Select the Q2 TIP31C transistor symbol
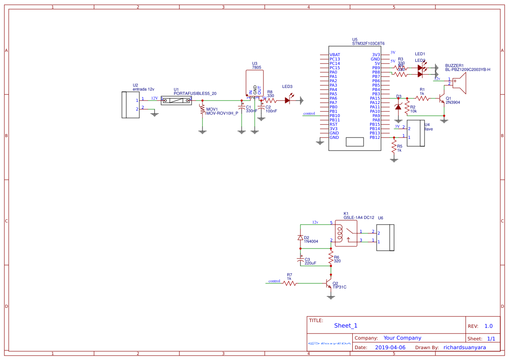tap(329, 283)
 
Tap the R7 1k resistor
tap(290, 283)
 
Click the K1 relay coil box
tap(347, 233)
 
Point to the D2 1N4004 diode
tap(300, 238)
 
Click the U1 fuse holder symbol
tap(176, 101)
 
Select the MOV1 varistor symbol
tap(202, 109)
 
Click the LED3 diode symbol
tap(288, 100)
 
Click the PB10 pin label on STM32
tap(334, 116)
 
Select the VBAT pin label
tap(334, 55)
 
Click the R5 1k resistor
tap(394, 148)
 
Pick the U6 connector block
tap(385, 238)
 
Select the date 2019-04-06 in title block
tap(390, 347)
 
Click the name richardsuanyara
tap(465, 347)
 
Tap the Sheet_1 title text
tap(346, 326)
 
